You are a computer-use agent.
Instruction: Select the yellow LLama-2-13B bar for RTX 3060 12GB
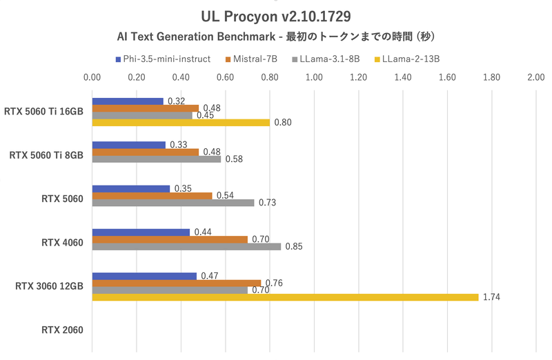click(x=285, y=297)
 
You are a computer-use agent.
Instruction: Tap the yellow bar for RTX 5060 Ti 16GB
click(x=181, y=123)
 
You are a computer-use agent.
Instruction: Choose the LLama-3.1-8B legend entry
click(x=329, y=59)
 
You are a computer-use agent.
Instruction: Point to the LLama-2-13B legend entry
click(x=410, y=59)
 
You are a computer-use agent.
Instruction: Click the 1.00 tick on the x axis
click(x=314, y=78)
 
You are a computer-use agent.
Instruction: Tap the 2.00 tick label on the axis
click(x=536, y=78)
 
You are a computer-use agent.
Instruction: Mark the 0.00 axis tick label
click(x=92, y=78)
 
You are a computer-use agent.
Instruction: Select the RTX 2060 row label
click(x=62, y=330)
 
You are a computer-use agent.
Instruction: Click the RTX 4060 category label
click(x=62, y=242)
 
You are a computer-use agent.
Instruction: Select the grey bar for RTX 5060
click(x=172, y=203)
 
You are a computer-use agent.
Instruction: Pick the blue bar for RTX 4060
click(x=141, y=232)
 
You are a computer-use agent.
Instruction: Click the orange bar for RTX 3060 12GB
click(x=176, y=283)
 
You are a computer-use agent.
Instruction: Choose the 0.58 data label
click(x=234, y=159)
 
